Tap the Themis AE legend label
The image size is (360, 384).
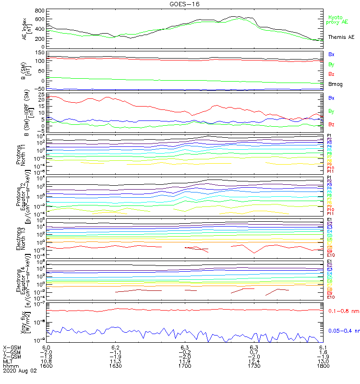tap(341, 37)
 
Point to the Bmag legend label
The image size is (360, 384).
tap(335, 84)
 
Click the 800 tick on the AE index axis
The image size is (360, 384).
tap(40, 11)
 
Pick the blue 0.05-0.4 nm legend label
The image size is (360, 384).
tap(343, 330)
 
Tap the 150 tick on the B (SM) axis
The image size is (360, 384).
tap(40, 52)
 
